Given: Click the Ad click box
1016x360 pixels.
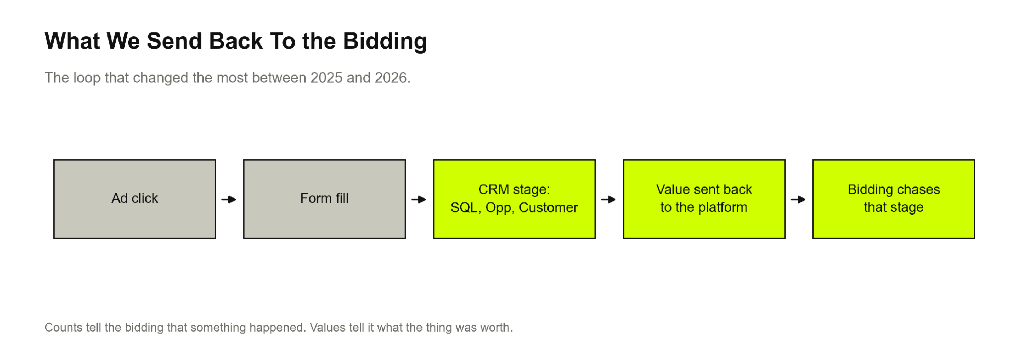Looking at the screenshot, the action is pos(135,199).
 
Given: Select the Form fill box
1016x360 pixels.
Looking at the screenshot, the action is pos(325,199).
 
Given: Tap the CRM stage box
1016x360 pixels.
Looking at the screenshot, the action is pos(514,199).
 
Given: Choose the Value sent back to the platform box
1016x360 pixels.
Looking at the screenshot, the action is pos(704,199).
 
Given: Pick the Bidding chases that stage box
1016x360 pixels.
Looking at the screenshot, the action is pos(894,199).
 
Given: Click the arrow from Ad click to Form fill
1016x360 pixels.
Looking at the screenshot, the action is pos(229,199).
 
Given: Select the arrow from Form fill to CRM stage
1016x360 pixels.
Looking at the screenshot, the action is pos(419,199).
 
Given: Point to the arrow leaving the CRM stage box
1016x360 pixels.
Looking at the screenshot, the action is pos(608,199).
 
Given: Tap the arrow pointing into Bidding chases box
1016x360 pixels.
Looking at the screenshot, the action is pos(798,199).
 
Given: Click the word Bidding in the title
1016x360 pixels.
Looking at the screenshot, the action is pos(385,42).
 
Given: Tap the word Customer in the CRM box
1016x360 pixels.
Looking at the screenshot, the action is pos(548,207).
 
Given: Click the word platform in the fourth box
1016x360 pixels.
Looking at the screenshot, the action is pos(723,208).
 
